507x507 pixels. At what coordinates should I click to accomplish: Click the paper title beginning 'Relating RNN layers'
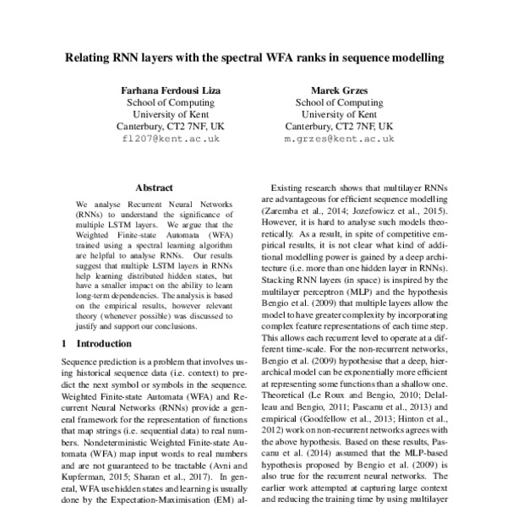coord(253,61)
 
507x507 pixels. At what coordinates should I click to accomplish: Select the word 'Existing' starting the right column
coord(287,192)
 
